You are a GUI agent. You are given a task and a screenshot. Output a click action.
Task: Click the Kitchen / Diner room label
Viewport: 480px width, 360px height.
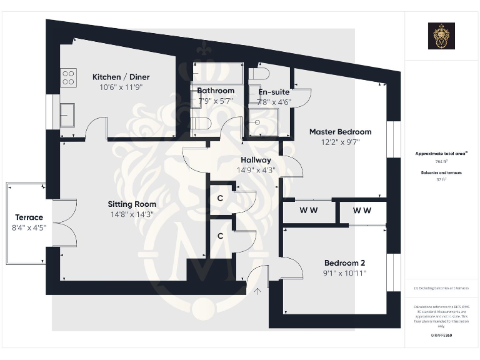(x=121, y=77)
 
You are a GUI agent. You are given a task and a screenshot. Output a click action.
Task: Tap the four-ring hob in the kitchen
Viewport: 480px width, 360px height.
(x=67, y=77)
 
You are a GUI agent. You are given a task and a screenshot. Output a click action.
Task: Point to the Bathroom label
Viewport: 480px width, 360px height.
(x=215, y=91)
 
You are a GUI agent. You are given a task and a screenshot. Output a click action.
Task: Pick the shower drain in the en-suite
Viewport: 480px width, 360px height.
(x=257, y=122)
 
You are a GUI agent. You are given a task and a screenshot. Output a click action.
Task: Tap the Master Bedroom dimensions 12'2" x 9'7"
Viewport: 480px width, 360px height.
(x=340, y=142)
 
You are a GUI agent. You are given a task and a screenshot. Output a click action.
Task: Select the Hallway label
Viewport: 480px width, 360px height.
(x=254, y=160)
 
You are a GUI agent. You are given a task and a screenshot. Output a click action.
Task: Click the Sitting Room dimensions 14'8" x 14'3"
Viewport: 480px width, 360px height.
(x=131, y=214)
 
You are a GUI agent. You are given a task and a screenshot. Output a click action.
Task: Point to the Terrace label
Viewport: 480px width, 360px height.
(x=29, y=217)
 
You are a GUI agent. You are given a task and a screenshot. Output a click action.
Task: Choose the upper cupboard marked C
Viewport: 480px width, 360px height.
(x=220, y=199)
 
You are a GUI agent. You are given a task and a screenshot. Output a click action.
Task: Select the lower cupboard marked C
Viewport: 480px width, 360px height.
(x=220, y=236)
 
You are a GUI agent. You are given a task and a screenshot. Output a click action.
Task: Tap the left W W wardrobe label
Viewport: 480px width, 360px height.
(x=308, y=211)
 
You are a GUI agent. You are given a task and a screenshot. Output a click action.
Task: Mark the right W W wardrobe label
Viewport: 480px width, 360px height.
(x=362, y=211)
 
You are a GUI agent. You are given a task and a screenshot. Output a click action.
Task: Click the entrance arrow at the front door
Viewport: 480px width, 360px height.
(x=257, y=290)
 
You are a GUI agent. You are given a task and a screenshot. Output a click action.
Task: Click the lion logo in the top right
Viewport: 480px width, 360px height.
(x=441, y=36)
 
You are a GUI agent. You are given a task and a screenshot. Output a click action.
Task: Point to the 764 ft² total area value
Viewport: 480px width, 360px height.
(x=441, y=161)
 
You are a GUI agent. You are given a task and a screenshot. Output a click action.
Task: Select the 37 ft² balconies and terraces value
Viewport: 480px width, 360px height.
(x=441, y=179)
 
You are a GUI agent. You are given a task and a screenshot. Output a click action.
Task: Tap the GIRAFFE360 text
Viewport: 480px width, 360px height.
(x=441, y=336)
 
